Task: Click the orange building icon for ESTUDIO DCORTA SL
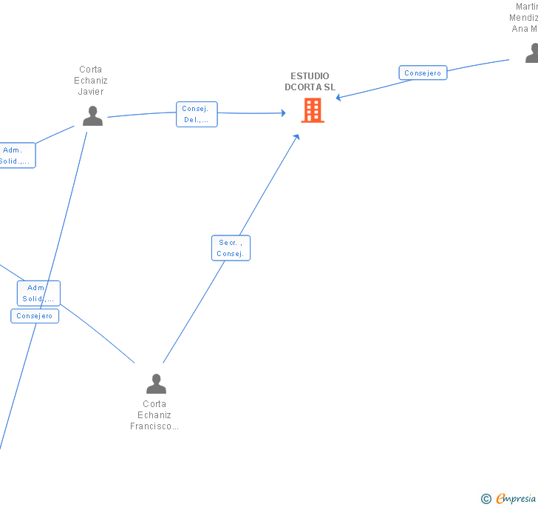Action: pyautogui.click(x=313, y=110)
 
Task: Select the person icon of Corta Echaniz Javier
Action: pyautogui.click(x=92, y=116)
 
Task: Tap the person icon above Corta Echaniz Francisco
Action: pyautogui.click(x=156, y=383)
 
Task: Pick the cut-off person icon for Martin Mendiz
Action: pyautogui.click(x=531, y=53)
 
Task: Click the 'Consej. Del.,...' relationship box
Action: pyautogui.click(x=197, y=115)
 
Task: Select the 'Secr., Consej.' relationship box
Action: pyautogui.click(x=231, y=248)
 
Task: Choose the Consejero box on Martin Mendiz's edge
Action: pyautogui.click(x=423, y=73)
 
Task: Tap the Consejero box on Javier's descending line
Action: pyautogui.click(x=35, y=316)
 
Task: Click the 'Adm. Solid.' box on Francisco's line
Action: pyautogui.click(x=38, y=293)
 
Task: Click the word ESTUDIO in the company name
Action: pyautogui.click(x=310, y=76)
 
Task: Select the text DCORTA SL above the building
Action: pyautogui.click(x=310, y=87)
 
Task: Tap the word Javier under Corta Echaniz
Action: pyautogui.click(x=91, y=92)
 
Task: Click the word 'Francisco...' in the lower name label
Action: pyautogui.click(x=154, y=426)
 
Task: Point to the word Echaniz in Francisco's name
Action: pyautogui.click(x=154, y=415)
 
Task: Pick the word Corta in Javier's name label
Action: pyautogui.click(x=91, y=70)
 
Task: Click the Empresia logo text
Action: pyautogui.click(x=516, y=499)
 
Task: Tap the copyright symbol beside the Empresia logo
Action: pyautogui.click(x=486, y=499)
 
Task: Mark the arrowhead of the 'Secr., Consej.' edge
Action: pyautogui.click(x=297, y=136)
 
